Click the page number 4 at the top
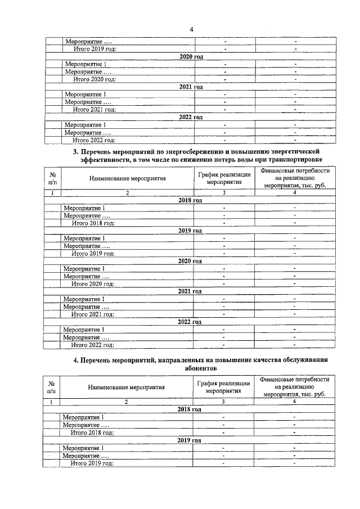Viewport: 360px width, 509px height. coord(191,29)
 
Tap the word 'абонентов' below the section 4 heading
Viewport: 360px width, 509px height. coord(200,368)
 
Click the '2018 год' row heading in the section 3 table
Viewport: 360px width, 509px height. coord(190,200)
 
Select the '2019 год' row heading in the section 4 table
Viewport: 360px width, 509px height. coord(190,439)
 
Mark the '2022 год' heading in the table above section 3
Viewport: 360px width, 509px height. coord(190,117)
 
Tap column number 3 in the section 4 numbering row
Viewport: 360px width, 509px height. coord(223,402)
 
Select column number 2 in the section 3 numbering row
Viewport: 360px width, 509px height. coord(127,193)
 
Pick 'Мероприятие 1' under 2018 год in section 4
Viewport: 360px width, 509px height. coord(83,417)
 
